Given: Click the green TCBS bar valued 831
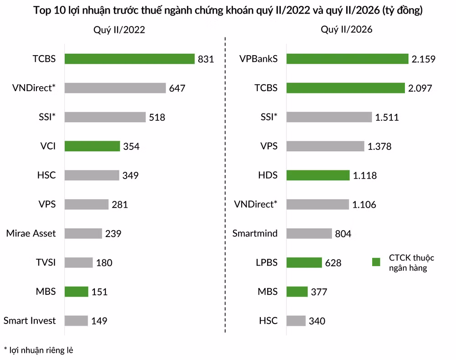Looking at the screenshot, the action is (130, 59).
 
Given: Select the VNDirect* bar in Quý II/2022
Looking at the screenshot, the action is (115, 88).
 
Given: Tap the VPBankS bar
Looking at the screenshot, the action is (347, 59).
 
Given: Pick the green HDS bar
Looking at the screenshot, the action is (318, 175).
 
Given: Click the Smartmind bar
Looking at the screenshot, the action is (309, 233).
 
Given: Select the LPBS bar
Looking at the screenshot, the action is (304, 262).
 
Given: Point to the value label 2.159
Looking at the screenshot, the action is (424, 59).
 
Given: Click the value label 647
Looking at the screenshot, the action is (177, 88).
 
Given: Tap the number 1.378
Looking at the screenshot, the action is (379, 146).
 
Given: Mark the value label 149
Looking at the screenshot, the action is (99, 321).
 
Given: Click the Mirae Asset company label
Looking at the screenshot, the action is (31, 233).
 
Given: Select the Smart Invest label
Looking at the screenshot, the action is (29, 320).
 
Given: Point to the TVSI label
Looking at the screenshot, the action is (46, 262).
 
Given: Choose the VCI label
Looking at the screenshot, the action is (48, 146).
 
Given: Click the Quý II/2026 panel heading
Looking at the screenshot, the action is (347, 29).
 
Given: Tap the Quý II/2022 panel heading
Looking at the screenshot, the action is (119, 30).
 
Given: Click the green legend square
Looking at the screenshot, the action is (376, 262).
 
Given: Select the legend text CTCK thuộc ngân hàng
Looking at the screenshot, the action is (411, 262).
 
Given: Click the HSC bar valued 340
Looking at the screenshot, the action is (296, 321).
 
